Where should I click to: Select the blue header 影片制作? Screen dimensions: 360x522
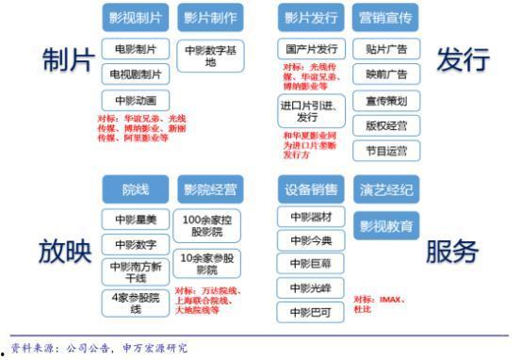tap(208, 18)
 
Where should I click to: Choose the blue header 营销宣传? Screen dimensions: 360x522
tap(385, 18)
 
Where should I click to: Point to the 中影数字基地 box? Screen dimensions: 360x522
tap(209, 57)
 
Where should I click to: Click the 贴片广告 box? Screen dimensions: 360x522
tap(385, 48)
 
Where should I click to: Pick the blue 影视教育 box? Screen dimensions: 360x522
tap(385, 226)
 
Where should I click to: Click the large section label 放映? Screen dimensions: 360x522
tap(66, 253)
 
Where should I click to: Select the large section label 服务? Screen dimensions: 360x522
tap(458, 253)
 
